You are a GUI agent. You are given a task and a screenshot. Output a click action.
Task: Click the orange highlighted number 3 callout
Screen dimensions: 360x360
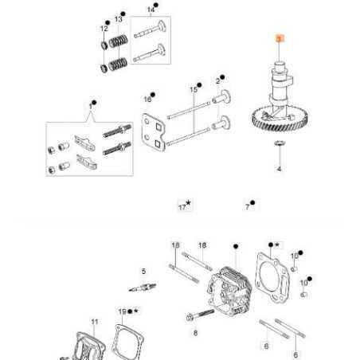point(279,38)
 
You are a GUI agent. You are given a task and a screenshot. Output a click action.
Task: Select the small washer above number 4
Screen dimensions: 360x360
point(279,143)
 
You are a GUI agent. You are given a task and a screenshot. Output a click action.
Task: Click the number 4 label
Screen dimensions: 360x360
point(279,170)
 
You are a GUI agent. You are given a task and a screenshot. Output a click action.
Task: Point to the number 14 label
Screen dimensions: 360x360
point(151,10)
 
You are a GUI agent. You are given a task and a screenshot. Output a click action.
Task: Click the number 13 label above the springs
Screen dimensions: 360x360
point(119,18)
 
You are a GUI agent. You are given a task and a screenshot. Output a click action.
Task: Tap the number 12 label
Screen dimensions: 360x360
point(104,29)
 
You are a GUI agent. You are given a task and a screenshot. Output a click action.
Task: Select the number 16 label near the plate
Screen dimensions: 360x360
point(147,100)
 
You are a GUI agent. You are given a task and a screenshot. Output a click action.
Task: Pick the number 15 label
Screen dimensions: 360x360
point(193,90)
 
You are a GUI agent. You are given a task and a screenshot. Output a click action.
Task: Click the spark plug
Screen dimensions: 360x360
point(143,286)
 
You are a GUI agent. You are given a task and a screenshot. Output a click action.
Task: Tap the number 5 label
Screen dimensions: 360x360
point(143,271)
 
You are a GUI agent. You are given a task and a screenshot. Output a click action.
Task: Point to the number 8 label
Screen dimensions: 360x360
point(195,333)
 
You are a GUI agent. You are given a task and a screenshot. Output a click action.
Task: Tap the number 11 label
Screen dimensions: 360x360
point(94,322)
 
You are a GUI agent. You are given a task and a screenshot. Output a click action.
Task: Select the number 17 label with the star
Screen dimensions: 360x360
point(182,207)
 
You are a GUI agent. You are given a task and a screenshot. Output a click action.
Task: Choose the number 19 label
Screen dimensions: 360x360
point(122,311)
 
